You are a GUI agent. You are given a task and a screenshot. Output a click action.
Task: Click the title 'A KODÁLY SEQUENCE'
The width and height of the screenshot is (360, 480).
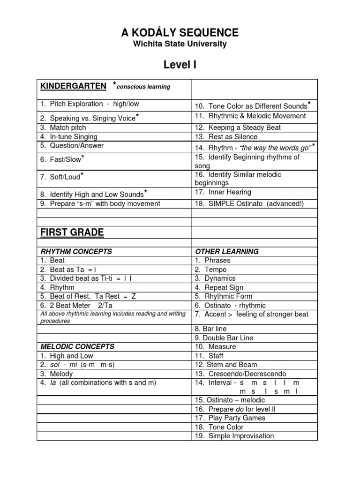tap(180, 32)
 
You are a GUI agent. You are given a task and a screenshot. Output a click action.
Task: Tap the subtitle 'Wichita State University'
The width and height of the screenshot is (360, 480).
tap(180, 44)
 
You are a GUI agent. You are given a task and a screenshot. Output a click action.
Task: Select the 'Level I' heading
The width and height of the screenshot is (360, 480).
tap(180, 65)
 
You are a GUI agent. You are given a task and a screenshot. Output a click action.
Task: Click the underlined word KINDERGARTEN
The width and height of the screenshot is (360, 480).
tap(73, 86)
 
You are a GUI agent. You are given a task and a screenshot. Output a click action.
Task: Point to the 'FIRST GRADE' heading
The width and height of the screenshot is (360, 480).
tap(72, 232)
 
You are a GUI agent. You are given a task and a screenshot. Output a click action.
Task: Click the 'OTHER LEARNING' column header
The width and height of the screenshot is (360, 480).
tap(227, 251)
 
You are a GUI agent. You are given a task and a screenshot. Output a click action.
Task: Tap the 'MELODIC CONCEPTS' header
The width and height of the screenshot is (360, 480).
tap(77, 347)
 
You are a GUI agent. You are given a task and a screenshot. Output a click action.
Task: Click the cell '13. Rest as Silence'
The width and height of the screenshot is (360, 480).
tap(226, 137)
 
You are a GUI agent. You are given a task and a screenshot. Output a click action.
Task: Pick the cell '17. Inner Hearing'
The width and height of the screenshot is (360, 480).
tap(223, 192)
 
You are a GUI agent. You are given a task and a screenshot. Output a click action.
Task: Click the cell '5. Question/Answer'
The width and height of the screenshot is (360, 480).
tap(72, 146)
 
